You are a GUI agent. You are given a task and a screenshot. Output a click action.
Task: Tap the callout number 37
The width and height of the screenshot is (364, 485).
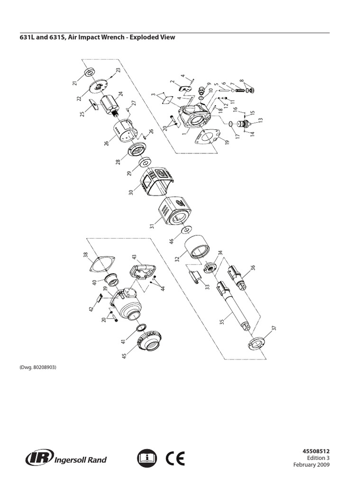(x=273, y=329)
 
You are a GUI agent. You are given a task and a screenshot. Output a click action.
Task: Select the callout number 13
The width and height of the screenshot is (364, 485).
(x=260, y=120)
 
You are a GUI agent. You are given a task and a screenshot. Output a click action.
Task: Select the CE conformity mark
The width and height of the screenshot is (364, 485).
(x=175, y=458)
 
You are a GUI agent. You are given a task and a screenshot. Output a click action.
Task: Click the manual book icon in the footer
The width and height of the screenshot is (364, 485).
(x=147, y=458)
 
